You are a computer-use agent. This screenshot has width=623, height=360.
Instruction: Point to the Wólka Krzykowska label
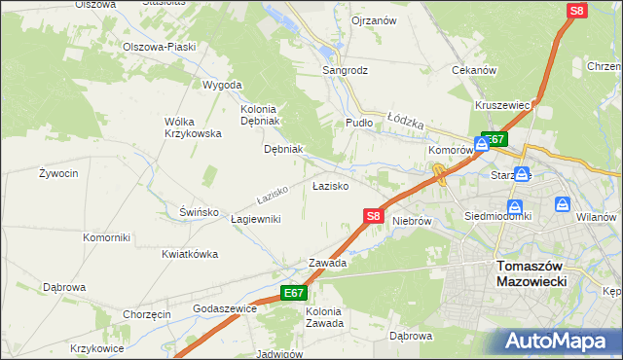point(193,127)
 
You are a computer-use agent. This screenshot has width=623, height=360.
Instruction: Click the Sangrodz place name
point(346,71)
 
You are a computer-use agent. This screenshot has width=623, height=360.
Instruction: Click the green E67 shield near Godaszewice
point(294,293)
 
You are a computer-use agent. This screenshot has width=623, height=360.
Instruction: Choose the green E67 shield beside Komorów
point(494,140)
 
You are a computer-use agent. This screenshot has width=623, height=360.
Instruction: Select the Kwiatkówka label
point(190,254)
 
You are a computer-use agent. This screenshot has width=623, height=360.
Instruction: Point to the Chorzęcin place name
point(147,314)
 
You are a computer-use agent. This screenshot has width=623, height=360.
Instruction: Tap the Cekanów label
point(475,70)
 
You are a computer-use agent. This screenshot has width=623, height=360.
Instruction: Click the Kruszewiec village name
point(502,105)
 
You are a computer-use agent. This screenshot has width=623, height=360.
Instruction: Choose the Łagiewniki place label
point(256,219)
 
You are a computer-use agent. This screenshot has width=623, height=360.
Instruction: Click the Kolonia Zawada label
point(324,317)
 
